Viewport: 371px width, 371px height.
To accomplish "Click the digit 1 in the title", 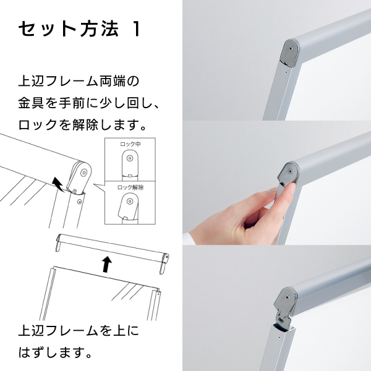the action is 137,29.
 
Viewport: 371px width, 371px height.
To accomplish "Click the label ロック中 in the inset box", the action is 130,144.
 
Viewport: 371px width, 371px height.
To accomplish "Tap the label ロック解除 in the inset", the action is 130,187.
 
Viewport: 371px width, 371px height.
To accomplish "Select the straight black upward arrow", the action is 107,264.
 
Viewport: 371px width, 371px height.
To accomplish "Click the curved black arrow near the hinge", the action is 58,184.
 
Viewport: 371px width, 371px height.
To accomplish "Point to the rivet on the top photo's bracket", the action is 290,48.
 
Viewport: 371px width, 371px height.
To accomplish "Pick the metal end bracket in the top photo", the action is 289,53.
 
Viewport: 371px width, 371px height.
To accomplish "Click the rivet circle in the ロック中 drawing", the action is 130,158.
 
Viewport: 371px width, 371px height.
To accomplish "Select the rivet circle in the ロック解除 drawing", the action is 129,202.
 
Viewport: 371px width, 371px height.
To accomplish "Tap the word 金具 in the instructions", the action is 32,103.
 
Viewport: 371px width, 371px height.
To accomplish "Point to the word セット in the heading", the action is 47,29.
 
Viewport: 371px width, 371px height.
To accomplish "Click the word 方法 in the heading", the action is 100,29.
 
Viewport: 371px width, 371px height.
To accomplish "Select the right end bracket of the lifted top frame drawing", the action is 165,263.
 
